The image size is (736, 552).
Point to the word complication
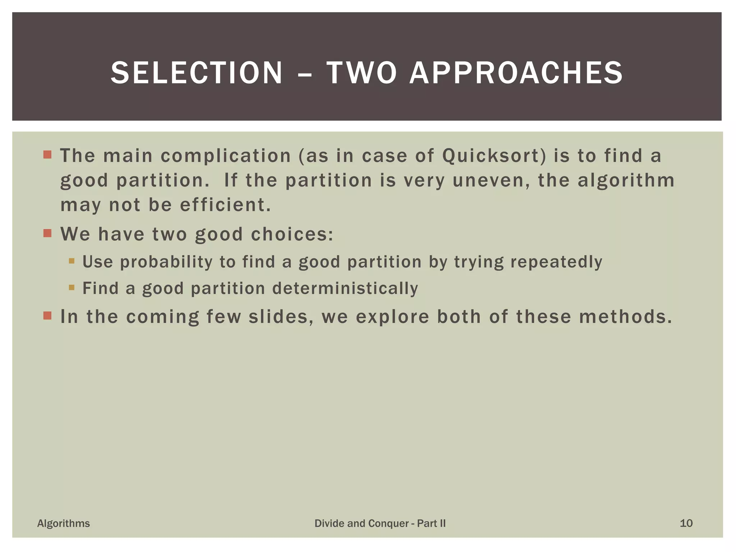[226, 156]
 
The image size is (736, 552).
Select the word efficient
[225, 205]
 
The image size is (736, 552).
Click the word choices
[292, 234]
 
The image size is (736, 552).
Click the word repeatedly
[556, 262]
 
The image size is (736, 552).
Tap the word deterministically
[345, 288]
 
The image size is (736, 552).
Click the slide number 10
[686, 523]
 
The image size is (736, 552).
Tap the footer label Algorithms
[64, 523]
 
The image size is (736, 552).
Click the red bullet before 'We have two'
[47, 234]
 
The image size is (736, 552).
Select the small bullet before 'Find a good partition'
[72, 287]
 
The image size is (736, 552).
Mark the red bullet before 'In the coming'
[47, 316]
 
